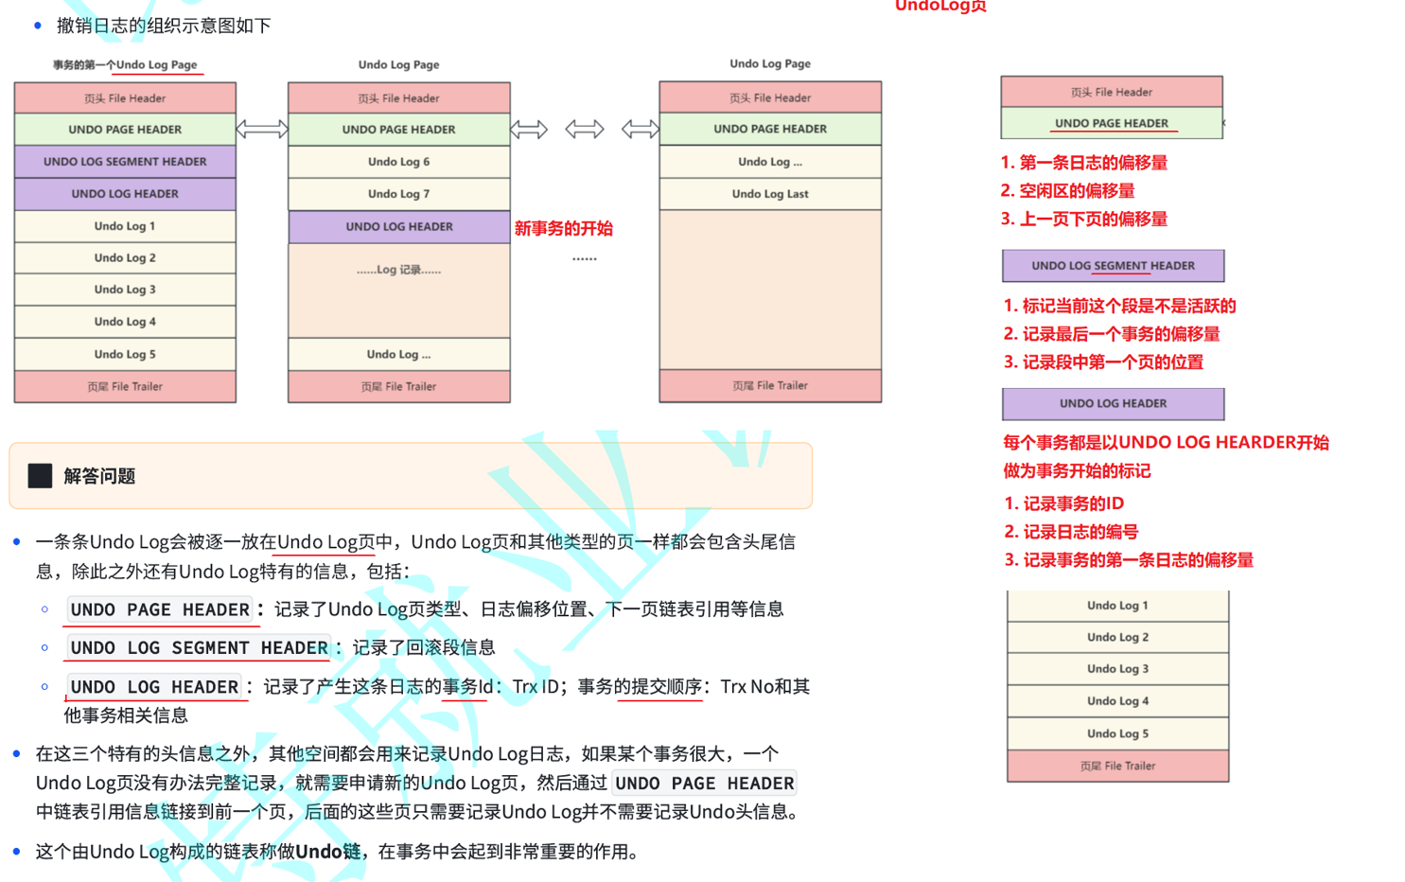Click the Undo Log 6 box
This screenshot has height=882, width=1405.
[x=398, y=162]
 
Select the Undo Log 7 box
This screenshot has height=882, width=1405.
[x=398, y=194]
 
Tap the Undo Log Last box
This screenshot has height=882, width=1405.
[x=770, y=194]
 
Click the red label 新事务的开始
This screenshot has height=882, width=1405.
[x=564, y=228]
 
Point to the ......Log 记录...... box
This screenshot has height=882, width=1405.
[x=398, y=271]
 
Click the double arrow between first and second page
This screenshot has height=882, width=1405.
[x=262, y=130]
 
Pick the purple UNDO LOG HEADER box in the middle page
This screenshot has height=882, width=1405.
[x=398, y=227]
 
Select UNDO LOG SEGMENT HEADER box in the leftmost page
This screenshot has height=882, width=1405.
[x=125, y=162]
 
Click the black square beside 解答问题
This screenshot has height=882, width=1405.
[x=40, y=476]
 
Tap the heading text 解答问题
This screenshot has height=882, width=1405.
[x=99, y=476]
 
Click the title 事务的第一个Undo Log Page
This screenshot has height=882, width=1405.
[x=125, y=65]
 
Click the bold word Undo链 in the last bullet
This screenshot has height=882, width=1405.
[x=327, y=852]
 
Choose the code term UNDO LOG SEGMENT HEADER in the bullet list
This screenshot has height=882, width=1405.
[x=199, y=648]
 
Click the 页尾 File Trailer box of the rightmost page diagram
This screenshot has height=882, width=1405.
[x=770, y=386]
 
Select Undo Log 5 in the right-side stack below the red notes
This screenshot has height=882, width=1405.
[x=1117, y=733]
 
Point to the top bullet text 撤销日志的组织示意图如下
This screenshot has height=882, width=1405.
[x=164, y=26]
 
